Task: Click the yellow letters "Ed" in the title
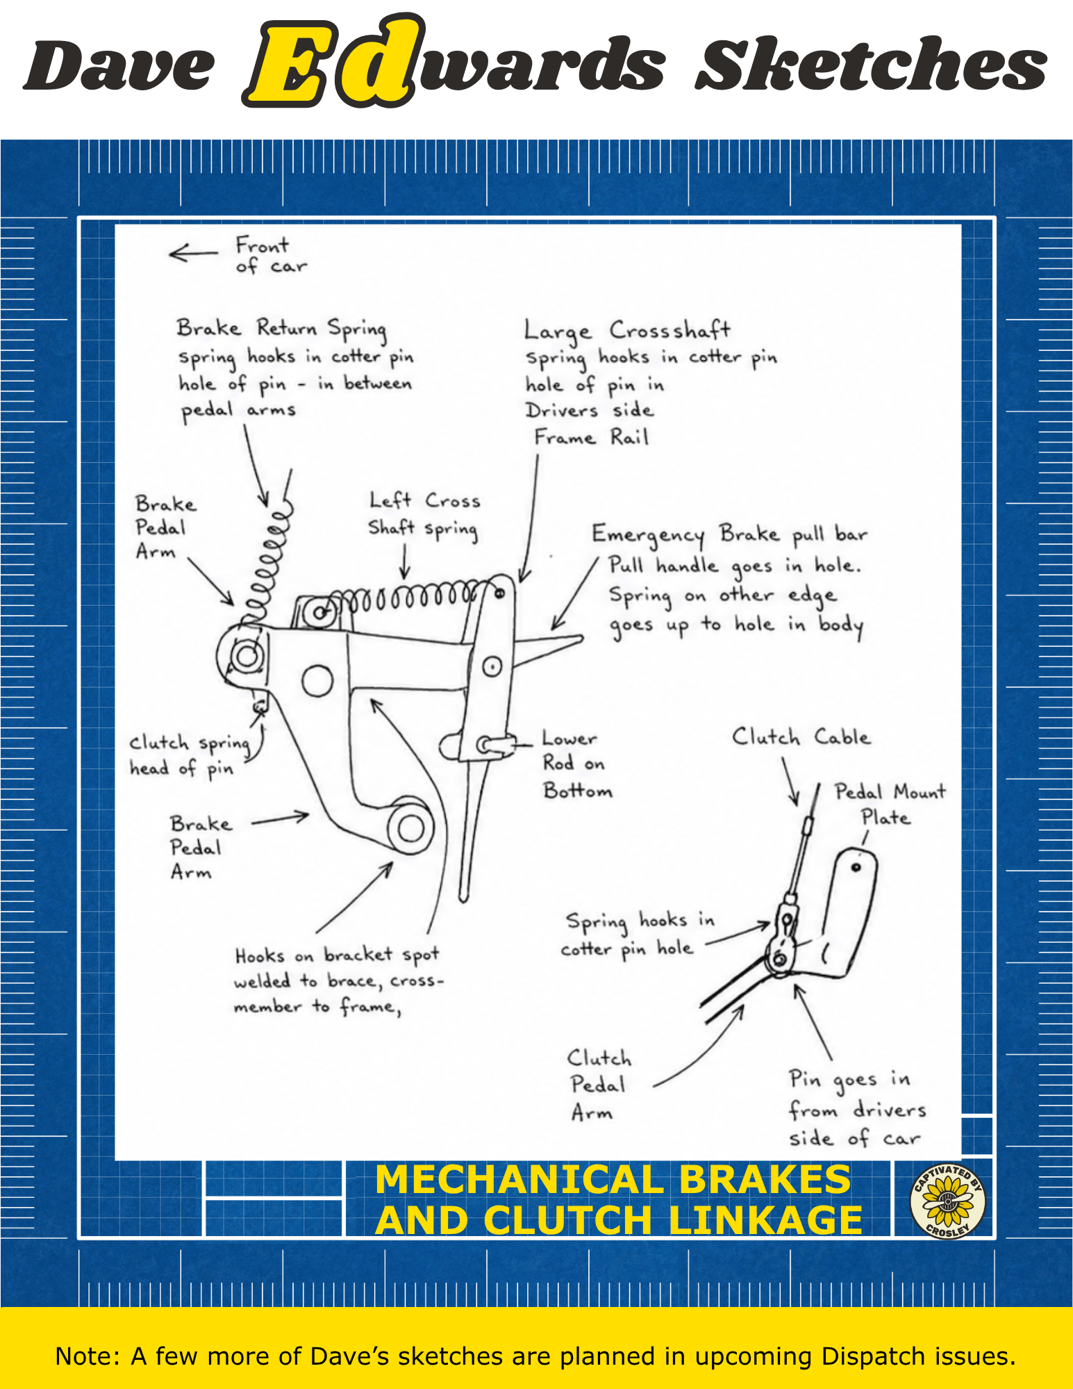click(x=333, y=61)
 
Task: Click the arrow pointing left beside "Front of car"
click(x=193, y=253)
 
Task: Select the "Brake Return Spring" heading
click(x=281, y=327)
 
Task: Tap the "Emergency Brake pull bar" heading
click(x=729, y=534)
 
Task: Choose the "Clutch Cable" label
click(x=801, y=737)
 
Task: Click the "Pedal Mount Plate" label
click(x=890, y=804)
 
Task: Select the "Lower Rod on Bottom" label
click(x=577, y=764)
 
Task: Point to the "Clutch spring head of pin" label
click(x=190, y=755)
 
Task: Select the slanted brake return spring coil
click(x=267, y=559)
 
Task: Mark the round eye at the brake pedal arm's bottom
click(x=410, y=827)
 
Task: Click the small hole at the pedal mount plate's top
click(x=856, y=866)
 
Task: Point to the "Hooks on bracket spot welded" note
click(x=338, y=980)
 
